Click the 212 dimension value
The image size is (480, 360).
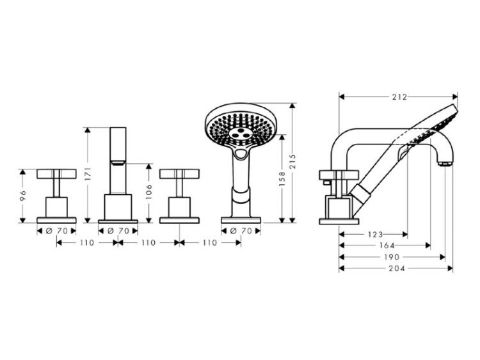point(400,97)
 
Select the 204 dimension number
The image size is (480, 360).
point(397,269)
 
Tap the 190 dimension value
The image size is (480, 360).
point(392,257)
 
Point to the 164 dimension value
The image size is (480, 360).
point(387,246)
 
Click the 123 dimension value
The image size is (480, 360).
point(375,235)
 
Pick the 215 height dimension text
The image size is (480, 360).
point(292,162)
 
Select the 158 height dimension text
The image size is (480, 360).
point(282,179)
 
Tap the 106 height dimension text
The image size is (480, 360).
point(148,191)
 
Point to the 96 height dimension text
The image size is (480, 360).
point(22,195)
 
